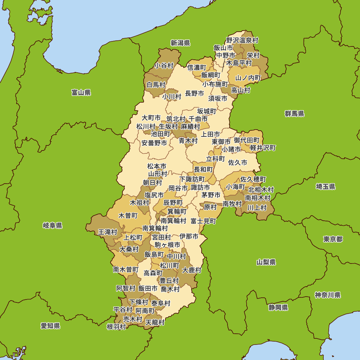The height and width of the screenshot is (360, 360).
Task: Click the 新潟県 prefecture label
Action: (180, 43)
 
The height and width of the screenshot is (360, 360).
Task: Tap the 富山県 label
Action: (81, 93)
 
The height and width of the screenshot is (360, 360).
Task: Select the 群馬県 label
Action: (294, 114)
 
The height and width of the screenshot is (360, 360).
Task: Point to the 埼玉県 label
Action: (325, 186)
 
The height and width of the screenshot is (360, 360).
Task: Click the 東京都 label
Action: (333, 239)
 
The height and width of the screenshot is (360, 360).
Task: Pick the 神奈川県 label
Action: (328, 295)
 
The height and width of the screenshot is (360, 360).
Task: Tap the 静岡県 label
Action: (278, 307)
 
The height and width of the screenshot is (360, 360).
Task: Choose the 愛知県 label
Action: (50, 326)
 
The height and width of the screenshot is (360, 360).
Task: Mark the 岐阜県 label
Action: (53, 226)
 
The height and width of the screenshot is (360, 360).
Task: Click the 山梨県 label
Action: (266, 262)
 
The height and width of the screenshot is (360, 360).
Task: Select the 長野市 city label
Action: (194, 93)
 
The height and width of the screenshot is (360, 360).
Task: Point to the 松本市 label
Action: (157, 166)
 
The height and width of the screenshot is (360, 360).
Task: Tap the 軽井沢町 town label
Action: (263, 148)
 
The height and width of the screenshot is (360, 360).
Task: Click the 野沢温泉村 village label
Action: (242, 40)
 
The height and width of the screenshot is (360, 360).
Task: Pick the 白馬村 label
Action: (156, 85)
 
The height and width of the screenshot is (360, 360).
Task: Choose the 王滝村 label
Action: (108, 232)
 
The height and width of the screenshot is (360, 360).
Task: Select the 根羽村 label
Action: (116, 327)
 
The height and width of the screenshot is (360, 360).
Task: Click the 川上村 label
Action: (257, 208)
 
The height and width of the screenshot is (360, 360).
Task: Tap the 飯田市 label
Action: (148, 288)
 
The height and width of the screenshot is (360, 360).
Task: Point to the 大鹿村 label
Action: (192, 270)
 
